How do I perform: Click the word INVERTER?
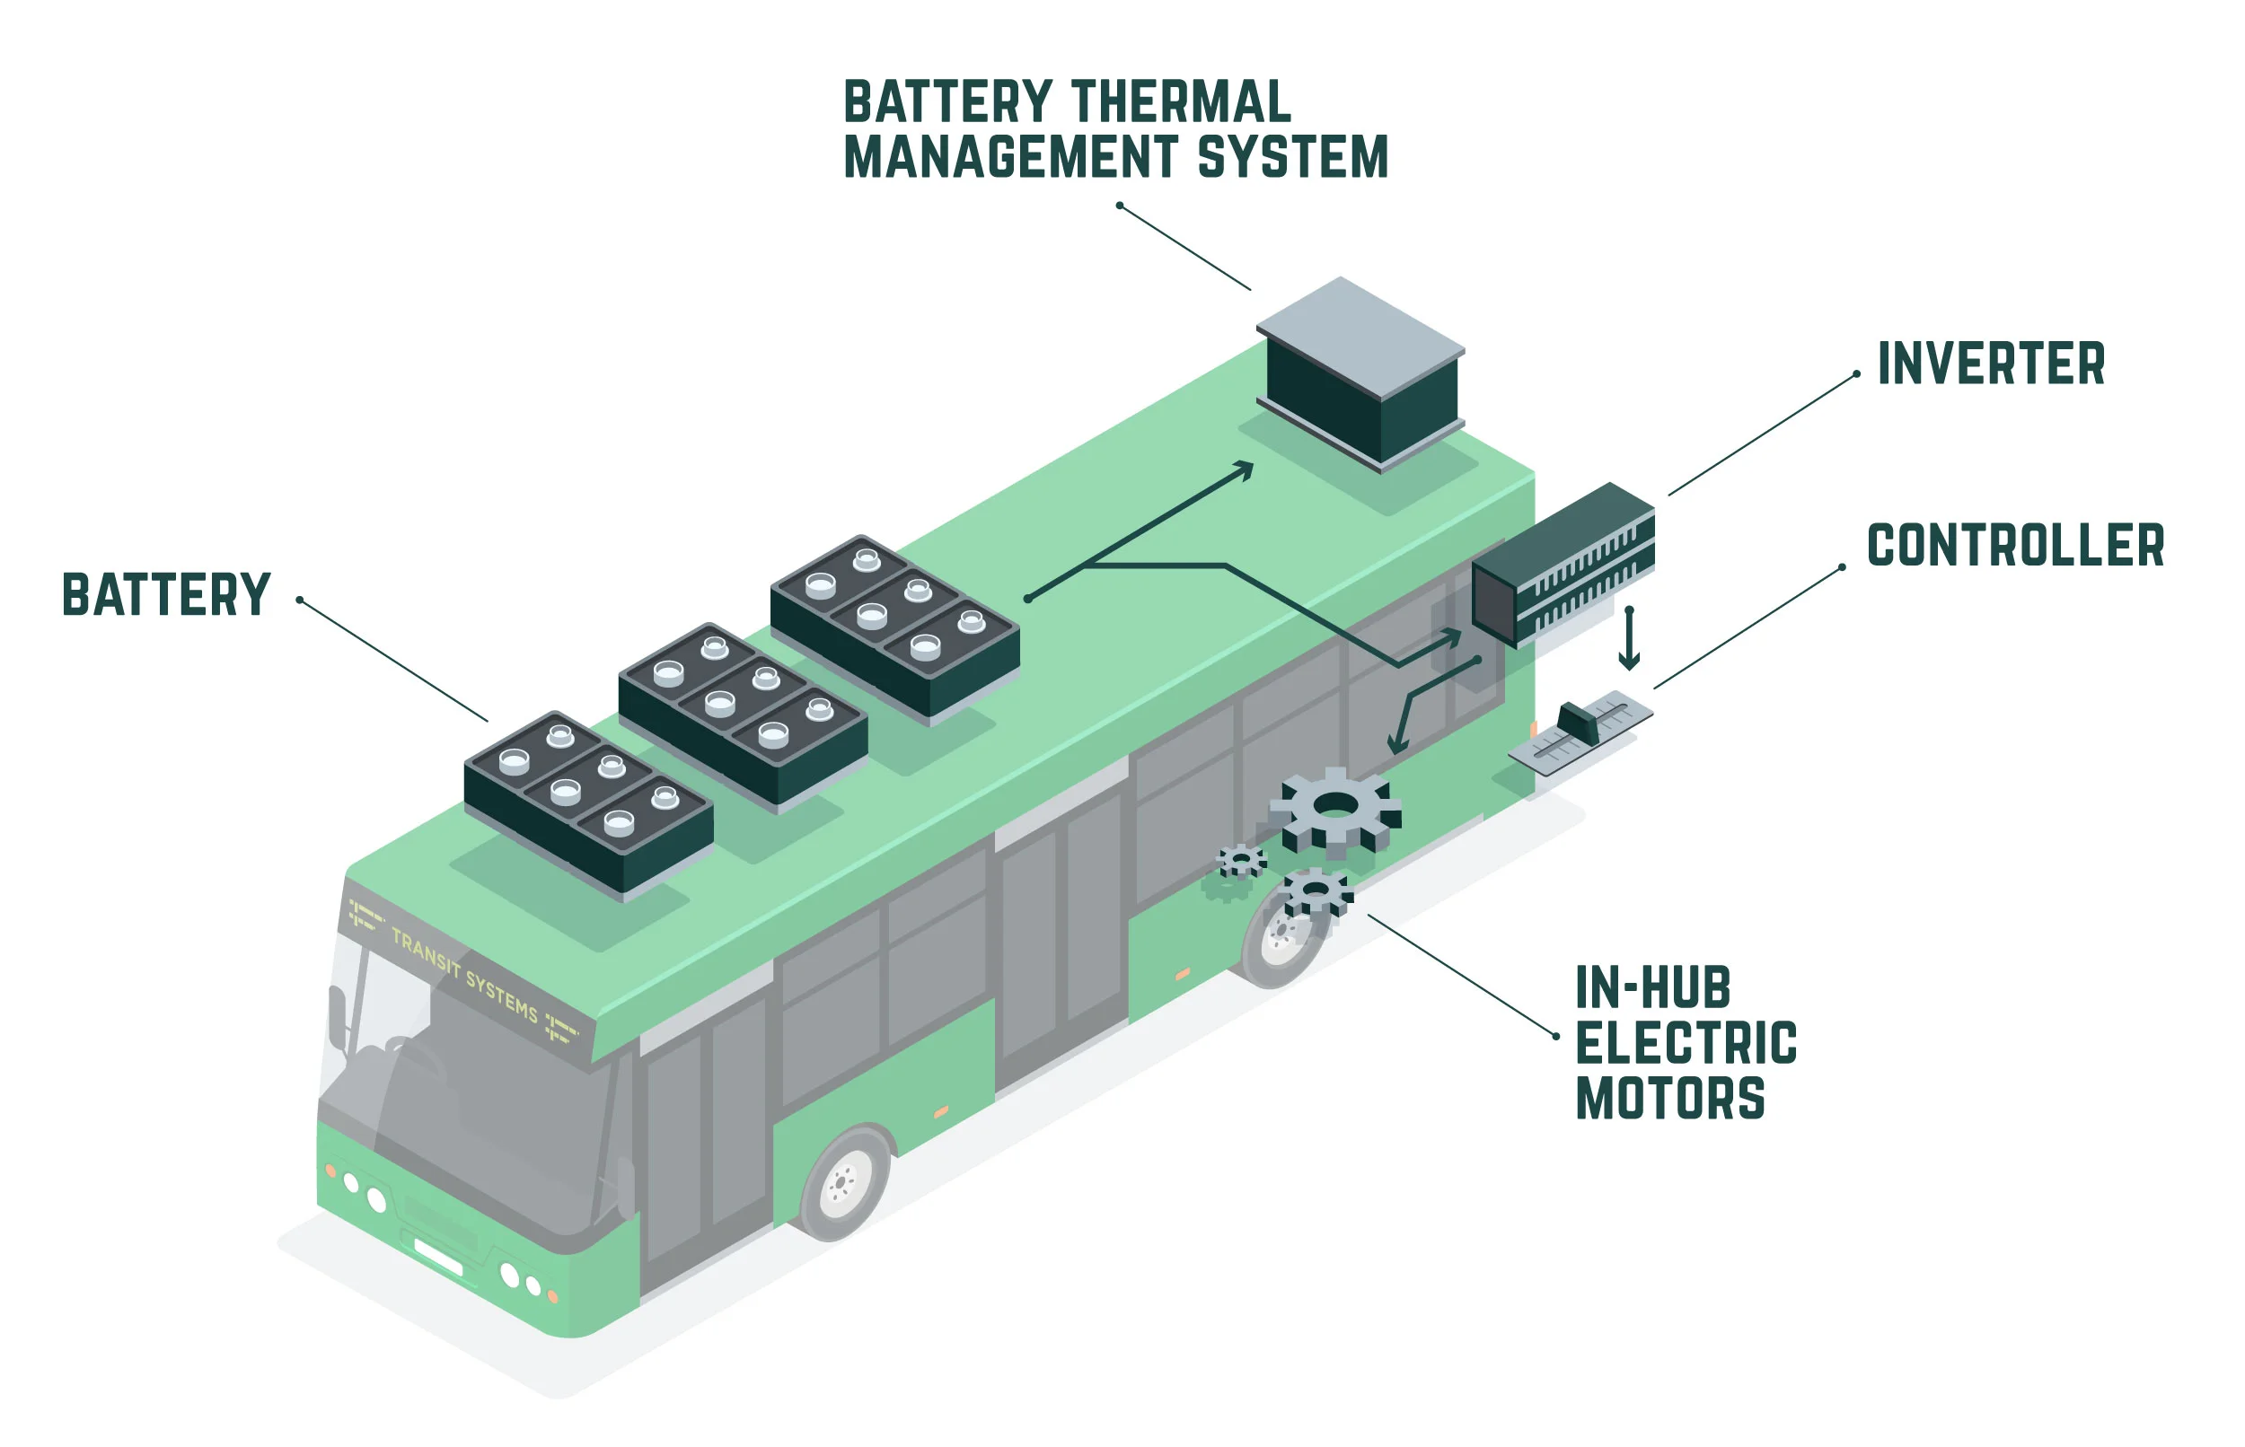pos(1989,364)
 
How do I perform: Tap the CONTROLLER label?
pos(2014,545)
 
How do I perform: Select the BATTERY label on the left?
pos(166,595)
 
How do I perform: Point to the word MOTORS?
pos(1669,1099)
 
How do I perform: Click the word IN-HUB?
pos(1652,987)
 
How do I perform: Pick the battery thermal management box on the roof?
pos(1360,376)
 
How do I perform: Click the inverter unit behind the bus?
pos(1562,564)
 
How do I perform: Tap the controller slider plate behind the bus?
pos(1580,732)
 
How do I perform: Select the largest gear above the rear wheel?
pos(1335,807)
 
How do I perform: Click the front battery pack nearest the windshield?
pos(588,803)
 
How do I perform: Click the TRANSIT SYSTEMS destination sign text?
pos(464,974)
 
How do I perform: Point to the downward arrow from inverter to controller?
pos(1629,640)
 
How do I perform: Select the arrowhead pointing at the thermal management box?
pos(1246,469)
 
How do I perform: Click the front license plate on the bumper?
pos(438,1258)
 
